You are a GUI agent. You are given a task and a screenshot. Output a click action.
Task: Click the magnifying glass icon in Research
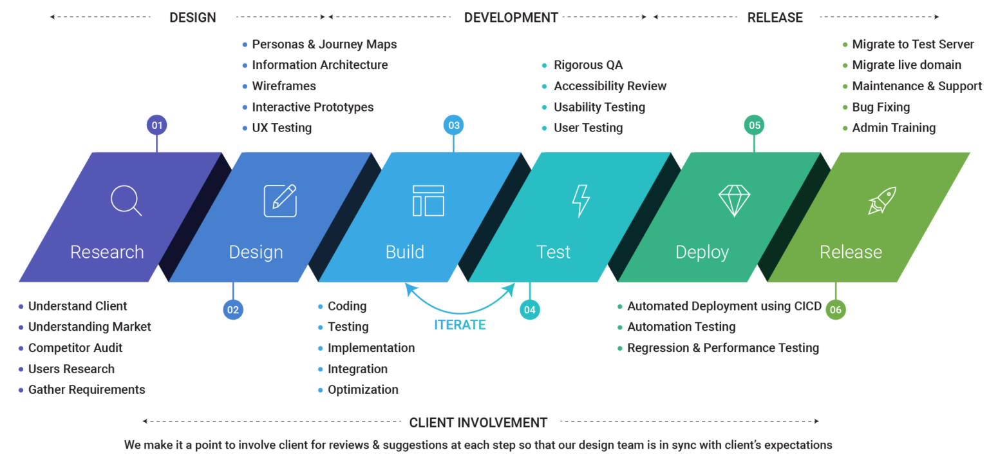tap(126, 200)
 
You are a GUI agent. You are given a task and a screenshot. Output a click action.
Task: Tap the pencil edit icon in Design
tap(280, 200)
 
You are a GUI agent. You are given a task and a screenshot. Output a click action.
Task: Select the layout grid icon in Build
tap(428, 200)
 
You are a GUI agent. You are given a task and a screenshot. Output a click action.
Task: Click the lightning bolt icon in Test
tap(581, 200)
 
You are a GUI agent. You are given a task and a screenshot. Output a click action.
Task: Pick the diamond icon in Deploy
tap(734, 200)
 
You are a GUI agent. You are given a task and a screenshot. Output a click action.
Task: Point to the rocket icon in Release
tap(881, 200)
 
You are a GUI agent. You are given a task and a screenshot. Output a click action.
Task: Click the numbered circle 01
tap(157, 125)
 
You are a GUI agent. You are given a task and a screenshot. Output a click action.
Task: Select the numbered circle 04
tap(530, 310)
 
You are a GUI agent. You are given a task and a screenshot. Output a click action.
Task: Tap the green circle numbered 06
tap(835, 310)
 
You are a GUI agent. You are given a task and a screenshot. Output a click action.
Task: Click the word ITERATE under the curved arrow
tap(460, 326)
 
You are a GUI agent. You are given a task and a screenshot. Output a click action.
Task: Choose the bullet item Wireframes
tap(283, 86)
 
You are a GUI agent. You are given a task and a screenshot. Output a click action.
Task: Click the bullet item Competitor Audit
tap(75, 348)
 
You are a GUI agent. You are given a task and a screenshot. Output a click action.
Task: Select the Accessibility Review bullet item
tap(610, 86)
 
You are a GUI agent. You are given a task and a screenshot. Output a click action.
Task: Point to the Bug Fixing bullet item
tap(880, 107)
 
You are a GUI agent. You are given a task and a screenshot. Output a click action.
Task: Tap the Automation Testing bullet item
tap(681, 327)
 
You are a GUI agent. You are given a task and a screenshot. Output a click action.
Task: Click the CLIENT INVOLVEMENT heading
tap(478, 423)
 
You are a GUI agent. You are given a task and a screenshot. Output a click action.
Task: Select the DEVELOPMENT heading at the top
tap(511, 18)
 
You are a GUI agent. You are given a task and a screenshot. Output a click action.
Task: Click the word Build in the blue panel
tap(405, 252)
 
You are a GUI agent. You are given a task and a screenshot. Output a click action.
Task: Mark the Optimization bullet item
tap(363, 390)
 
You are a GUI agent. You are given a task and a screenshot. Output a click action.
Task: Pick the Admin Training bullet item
tap(893, 128)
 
